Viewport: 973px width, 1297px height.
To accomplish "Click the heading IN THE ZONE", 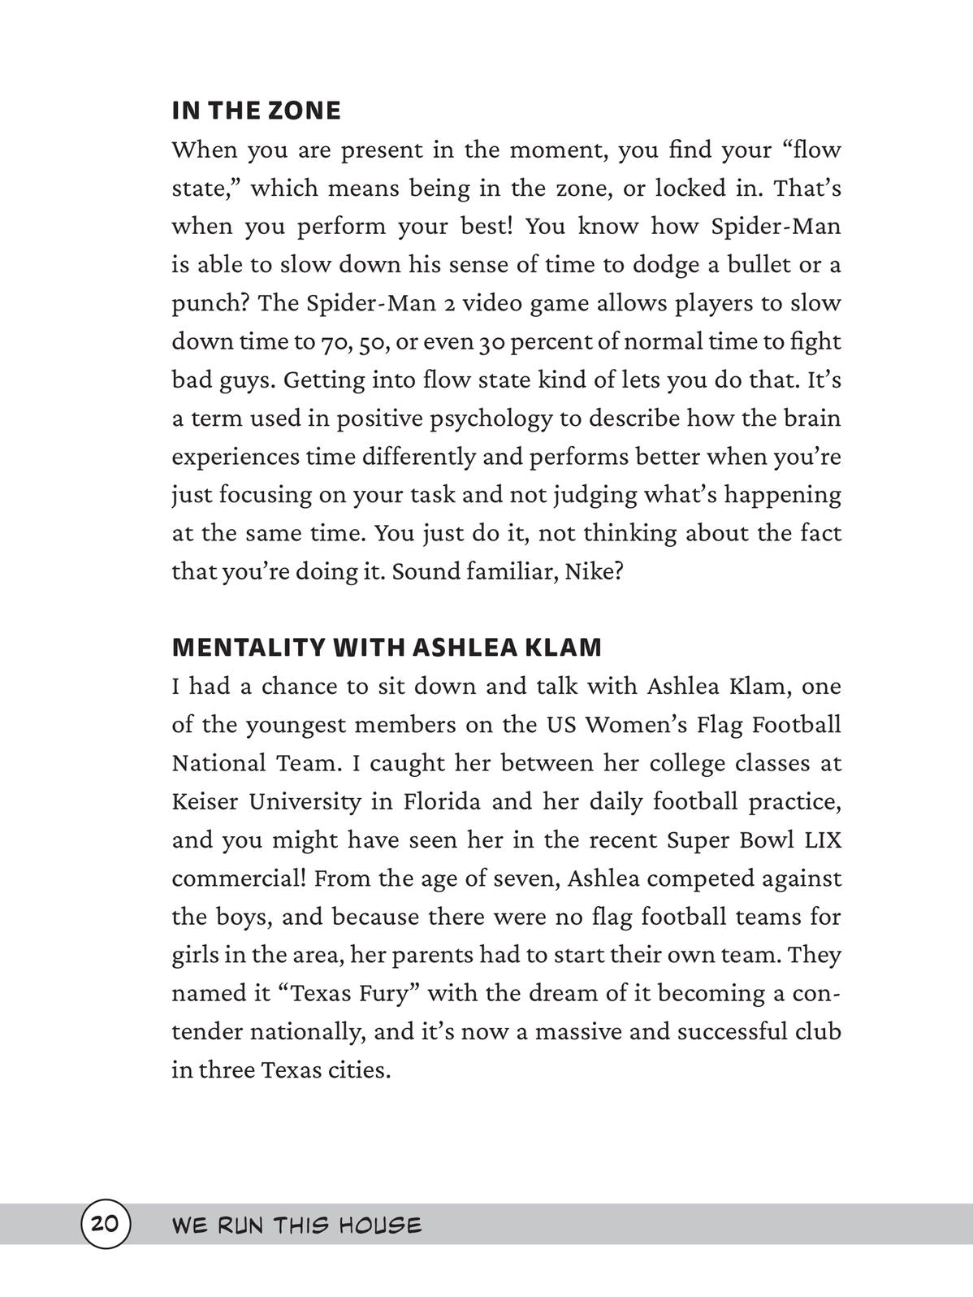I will click(x=256, y=111).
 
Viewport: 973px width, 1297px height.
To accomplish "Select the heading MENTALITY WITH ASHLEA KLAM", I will click(x=387, y=648).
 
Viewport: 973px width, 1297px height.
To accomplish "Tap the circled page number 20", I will click(x=105, y=1224).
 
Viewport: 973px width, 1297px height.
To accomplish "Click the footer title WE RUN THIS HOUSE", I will click(x=296, y=1225).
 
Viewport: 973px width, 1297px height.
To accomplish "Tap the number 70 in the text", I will click(x=331, y=342).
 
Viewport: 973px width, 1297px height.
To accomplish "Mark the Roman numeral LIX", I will click(x=822, y=840).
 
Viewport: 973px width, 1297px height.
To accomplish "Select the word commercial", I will click(x=237, y=878).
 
